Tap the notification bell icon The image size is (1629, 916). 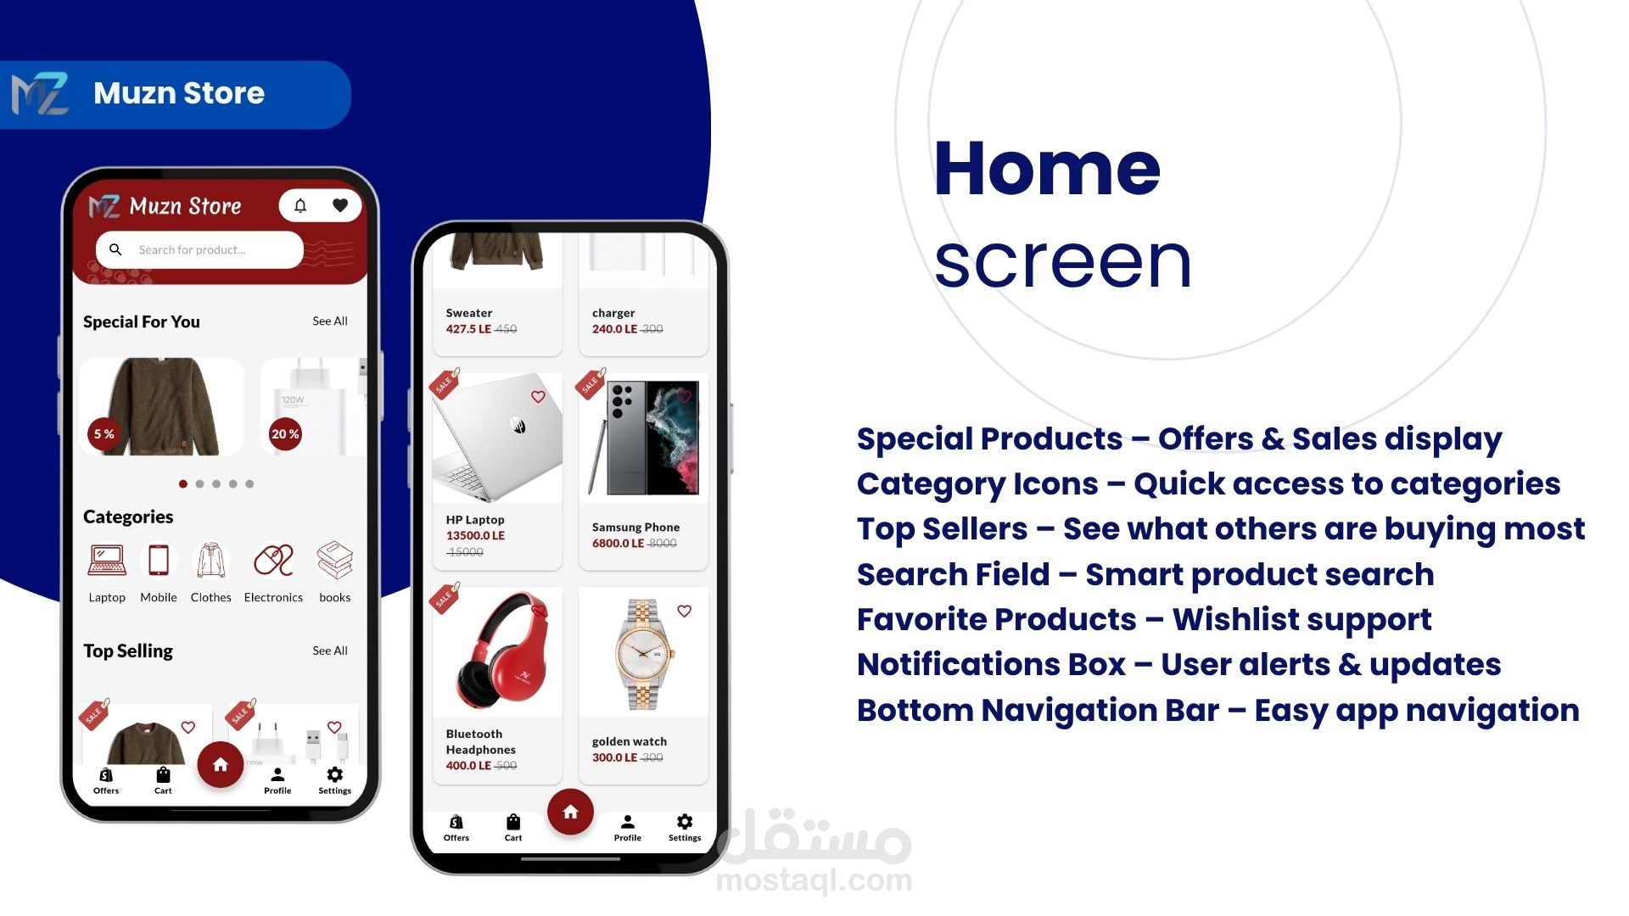pyautogui.click(x=300, y=205)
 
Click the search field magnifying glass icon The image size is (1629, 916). pyautogui.click(x=115, y=249)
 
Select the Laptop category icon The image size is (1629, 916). pyautogui.click(x=107, y=560)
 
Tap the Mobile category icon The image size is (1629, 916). pyautogui.click(x=159, y=560)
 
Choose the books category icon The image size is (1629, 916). pyautogui.click(x=335, y=560)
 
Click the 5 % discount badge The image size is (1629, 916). pyautogui.click(x=104, y=434)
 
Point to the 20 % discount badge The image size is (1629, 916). pyautogui.click(x=285, y=434)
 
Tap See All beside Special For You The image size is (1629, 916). pyautogui.click(x=330, y=321)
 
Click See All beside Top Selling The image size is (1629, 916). pyautogui.click(x=330, y=651)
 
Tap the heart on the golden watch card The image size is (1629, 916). pyautogui.click(x=685, y=611)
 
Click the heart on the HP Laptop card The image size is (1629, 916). pyautogui.click(x=538, y=397)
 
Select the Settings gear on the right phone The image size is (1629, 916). pyautogui.click(x=685, y=821)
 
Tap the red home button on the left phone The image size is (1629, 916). pyautogui.click(x=221, y=765)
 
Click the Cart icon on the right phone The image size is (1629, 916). pyautogui.click(x=513, y=822)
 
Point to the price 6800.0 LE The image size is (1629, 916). pyautogui.click(x=618, y=543)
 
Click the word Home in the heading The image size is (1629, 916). pyautogui.click(x=1047, y=169)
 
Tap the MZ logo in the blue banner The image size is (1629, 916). pyautogui.click(x=40, y=94)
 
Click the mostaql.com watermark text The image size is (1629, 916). pyautogui.click(x=814, y=880)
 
